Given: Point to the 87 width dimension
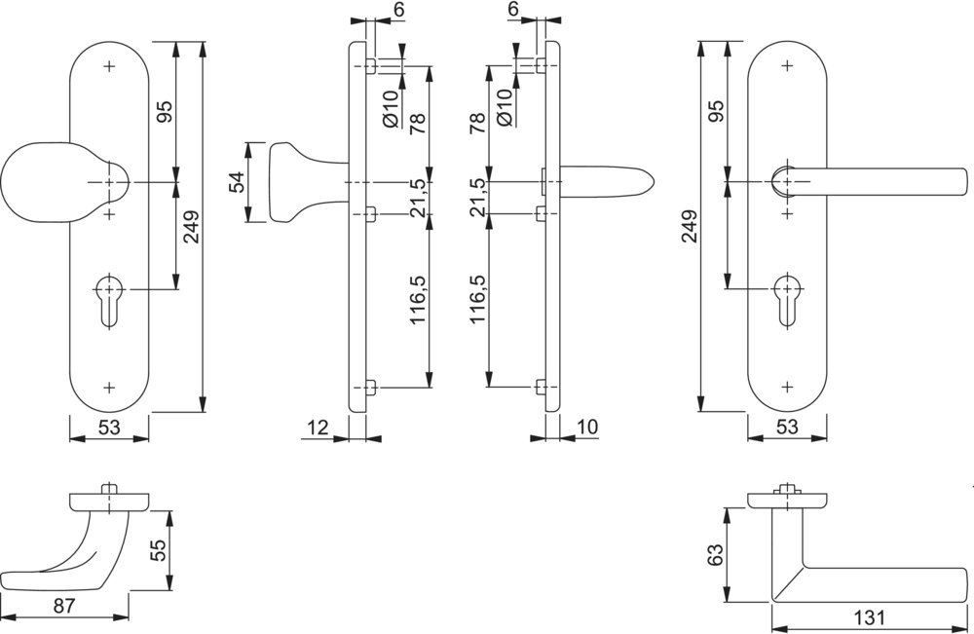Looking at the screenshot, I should coord(64,606).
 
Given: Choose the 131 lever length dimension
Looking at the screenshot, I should coord(869,617).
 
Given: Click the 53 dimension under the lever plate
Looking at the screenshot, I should coord(787,427).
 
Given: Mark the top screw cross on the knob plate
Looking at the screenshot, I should coord(108,68).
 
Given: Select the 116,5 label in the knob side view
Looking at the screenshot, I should coord(418,298).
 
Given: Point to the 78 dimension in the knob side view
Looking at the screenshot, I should coord(418,124).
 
